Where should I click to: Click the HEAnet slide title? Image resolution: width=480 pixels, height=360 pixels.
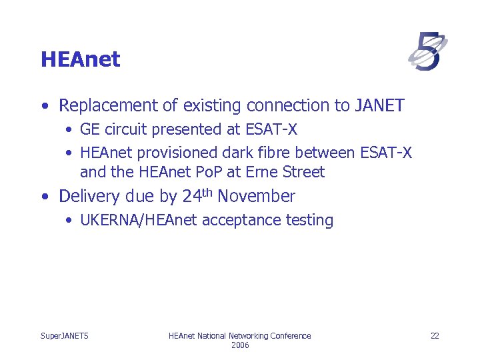click(80, 59)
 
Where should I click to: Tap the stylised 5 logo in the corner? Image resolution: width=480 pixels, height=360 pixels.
click(427, 51)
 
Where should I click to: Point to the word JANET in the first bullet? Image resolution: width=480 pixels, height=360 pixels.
click(380, 105)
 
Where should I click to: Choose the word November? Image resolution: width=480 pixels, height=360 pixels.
click(257, 197)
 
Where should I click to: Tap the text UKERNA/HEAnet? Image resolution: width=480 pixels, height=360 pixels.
click(139, 221)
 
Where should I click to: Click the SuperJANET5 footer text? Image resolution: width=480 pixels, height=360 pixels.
click(65, 336)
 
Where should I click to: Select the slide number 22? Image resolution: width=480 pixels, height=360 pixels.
click(435, 336)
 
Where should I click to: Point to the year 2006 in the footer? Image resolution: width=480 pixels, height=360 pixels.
click(240, 345)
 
